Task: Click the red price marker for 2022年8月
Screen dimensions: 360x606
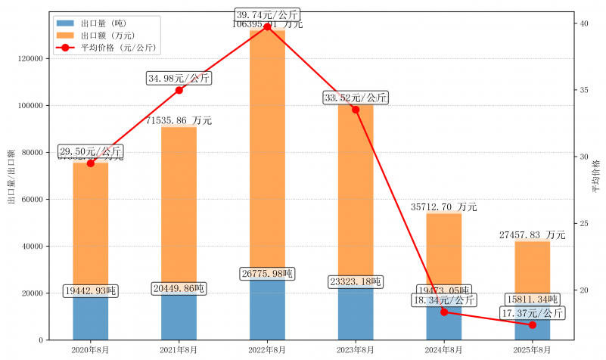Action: click(267, 26)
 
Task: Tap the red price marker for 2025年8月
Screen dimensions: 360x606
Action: click(533, 324)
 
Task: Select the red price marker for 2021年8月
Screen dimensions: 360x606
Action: click(179, 90)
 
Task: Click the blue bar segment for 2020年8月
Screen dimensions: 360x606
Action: click(91, 318)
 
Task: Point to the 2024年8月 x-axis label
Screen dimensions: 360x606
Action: click(444, 349)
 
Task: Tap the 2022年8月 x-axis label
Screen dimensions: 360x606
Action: click(267, 349)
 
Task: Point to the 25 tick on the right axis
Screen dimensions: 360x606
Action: click(584, 224)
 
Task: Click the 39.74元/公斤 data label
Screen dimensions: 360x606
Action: click(267, 14)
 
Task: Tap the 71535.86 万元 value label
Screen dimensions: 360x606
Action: click(179, 120)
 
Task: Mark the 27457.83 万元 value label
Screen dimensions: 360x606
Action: click(533, 235)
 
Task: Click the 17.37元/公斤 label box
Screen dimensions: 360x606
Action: click(533, 313)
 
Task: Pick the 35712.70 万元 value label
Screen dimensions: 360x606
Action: click(444, 206)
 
